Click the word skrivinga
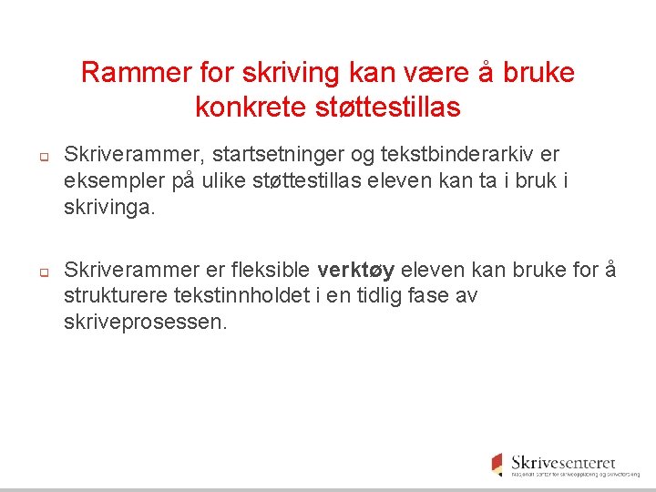[x=109, y=207]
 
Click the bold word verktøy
[x=355, y=271]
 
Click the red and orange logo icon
[x=497, y=464]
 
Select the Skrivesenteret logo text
[x=563, y=462]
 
